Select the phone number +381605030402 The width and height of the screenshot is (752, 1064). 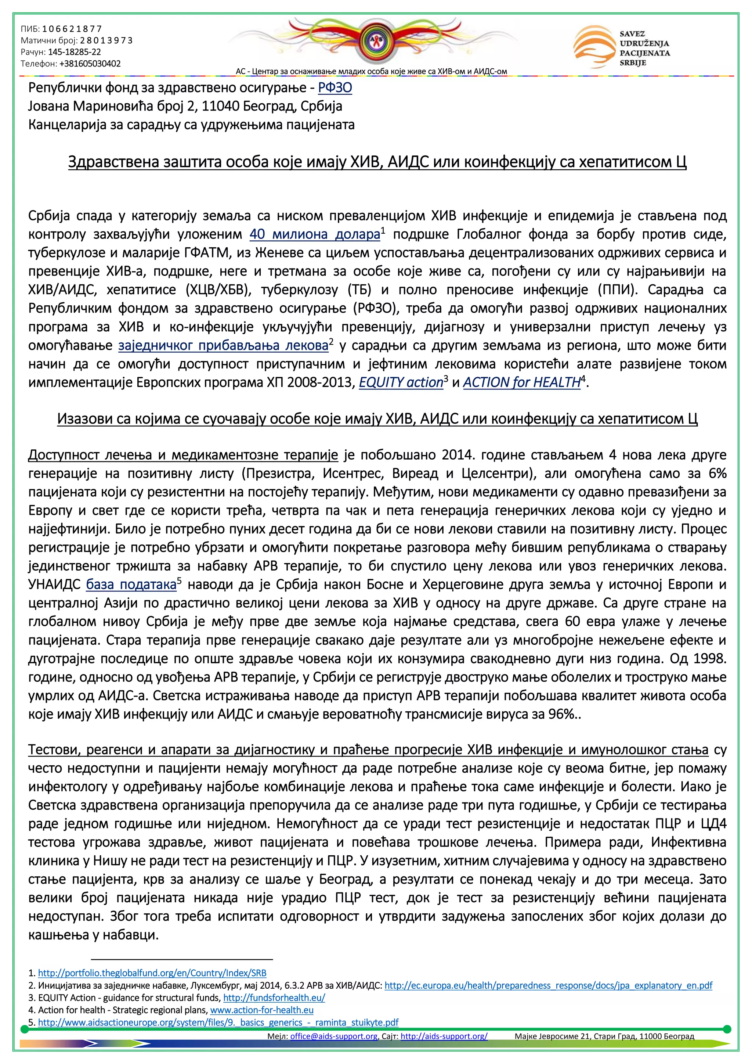tap(90, 64)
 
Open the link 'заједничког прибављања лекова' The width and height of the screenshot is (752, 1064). tap(223, 346)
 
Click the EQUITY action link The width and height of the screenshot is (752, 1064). tap(401, 383)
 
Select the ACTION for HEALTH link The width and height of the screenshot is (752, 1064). tap(521, 383)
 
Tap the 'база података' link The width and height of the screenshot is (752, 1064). tap(131, 585)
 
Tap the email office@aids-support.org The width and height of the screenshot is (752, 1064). tap(333, 1036)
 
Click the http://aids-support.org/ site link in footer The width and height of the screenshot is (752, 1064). tap(444, 1036)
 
